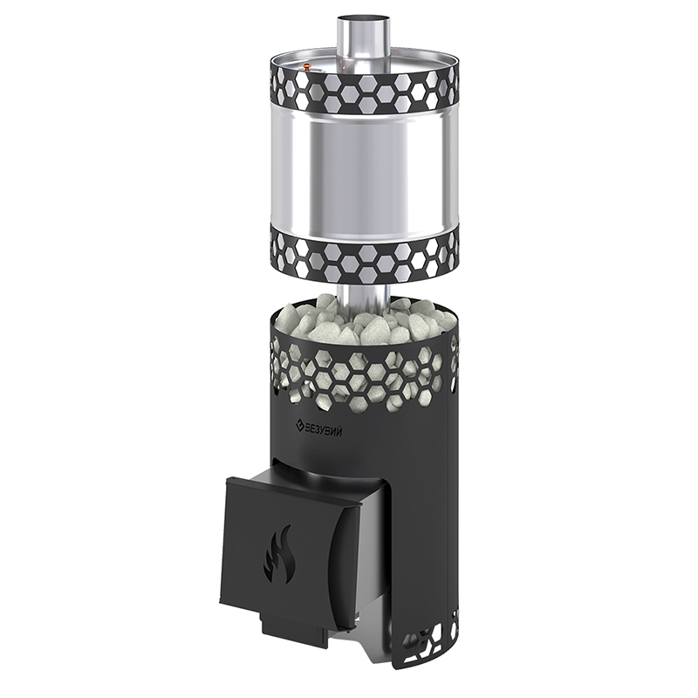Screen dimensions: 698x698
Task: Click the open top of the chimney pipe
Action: [362, 19]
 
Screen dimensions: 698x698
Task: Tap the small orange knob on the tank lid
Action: [306, 67]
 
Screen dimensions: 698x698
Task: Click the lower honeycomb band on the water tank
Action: [363, 257]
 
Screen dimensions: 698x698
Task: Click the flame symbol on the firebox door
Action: [278, 554]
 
